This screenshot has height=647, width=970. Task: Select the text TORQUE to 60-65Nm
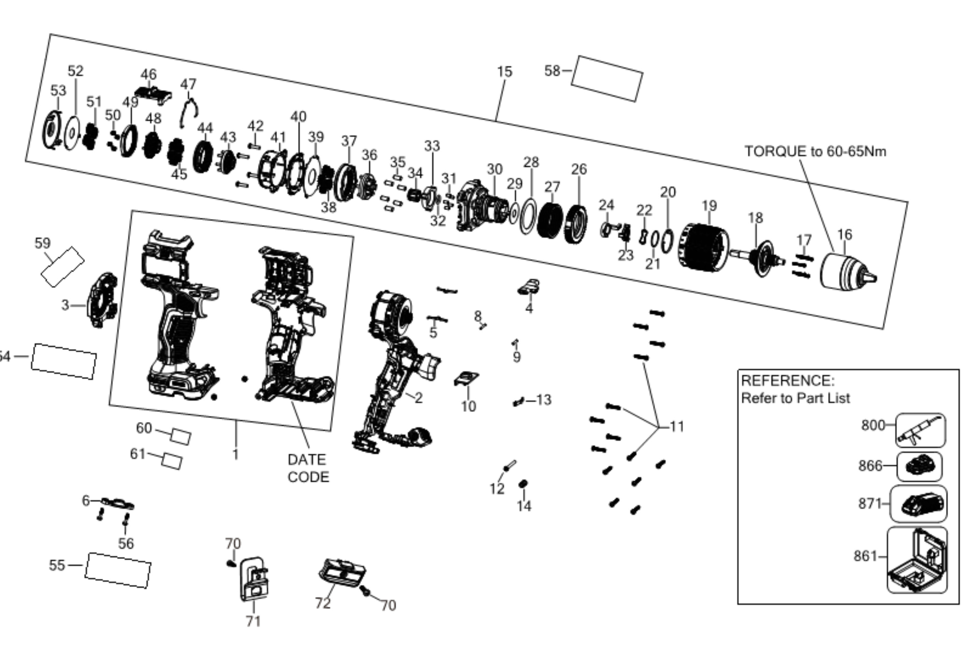pos(815,151)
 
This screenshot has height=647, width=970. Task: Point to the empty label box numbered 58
pos(607,78)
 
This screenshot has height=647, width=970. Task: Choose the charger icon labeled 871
pos(919,504)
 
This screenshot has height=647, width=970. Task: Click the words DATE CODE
pos(308,468)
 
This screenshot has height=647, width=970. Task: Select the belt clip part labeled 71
pos(254,579)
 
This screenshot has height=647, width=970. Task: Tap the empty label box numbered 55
pos(118,570)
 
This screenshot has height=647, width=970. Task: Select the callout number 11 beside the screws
pos(677,426)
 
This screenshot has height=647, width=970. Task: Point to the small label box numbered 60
pos(181,436)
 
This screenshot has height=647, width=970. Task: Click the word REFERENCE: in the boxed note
pos(788,380)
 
